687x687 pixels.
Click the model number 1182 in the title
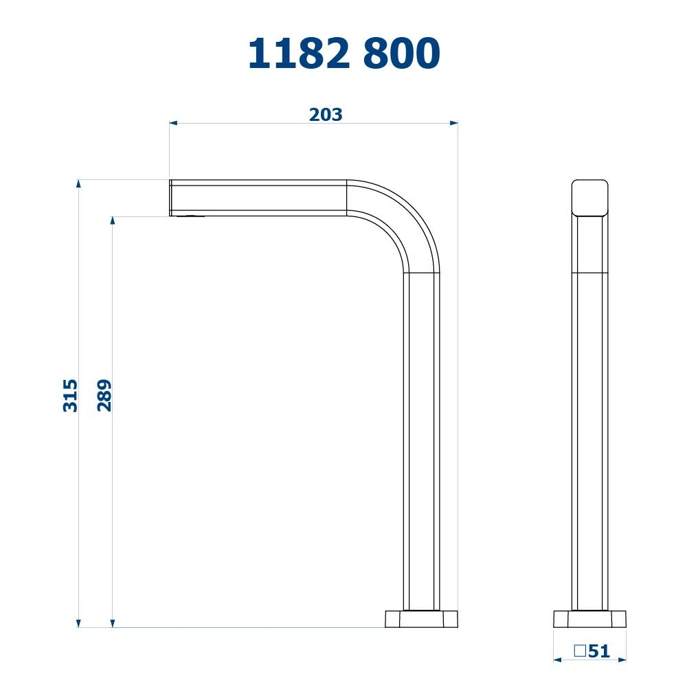[x=300, y=53]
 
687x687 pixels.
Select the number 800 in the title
[x=402, y=53]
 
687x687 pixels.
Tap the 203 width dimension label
[x=326, y=115]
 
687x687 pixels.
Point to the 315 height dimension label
[x=70, y=396]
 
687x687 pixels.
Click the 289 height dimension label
[x=104, y=396]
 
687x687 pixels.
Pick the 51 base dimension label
[x=599, y=651]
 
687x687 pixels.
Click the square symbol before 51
[x=580, y=651]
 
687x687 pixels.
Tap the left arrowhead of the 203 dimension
[x=174, y=123]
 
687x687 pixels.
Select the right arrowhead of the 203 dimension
[x=454, y=123]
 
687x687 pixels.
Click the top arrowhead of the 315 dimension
[x=78, y=183]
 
